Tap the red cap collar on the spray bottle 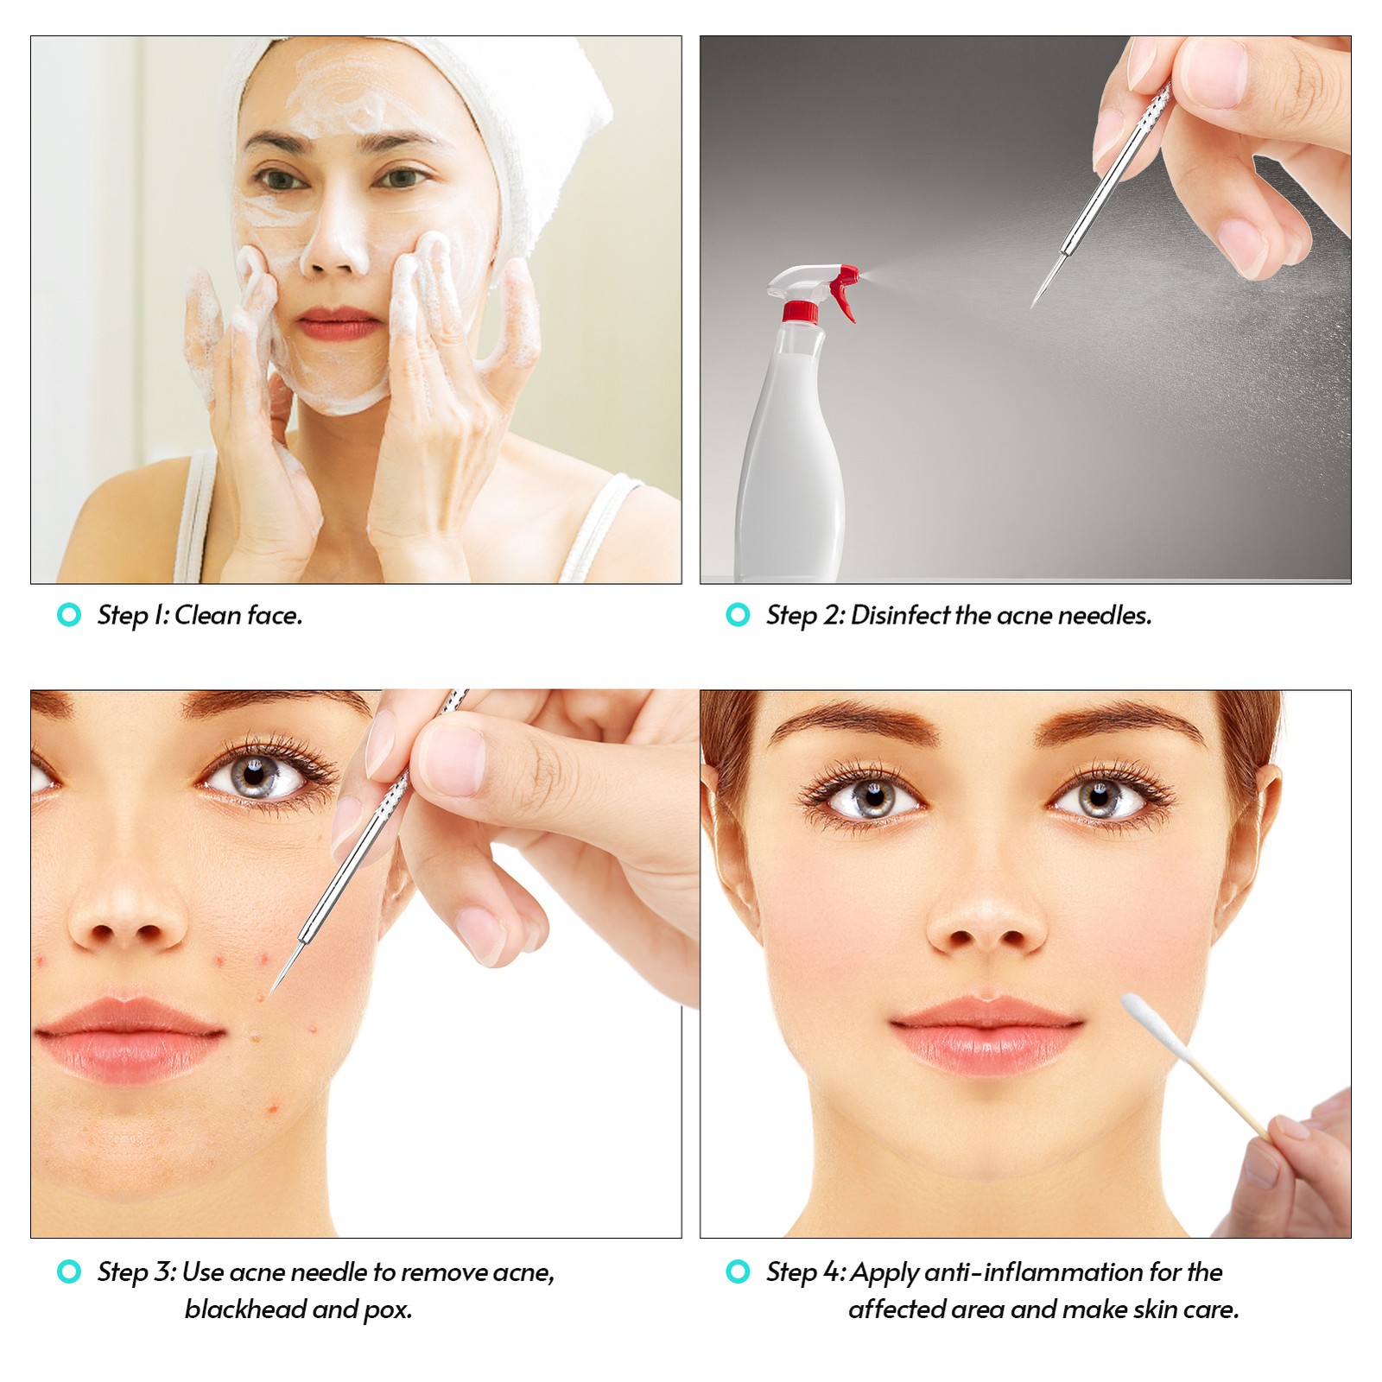[800, 312]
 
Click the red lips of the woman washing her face [340, 324]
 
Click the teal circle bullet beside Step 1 [68, 615]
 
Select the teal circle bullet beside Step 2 [738, 615]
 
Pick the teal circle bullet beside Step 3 [68, 1271]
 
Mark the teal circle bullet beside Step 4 [738, 1271]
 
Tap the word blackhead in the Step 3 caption [245, 1309]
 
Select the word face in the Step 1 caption [275, 615]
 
